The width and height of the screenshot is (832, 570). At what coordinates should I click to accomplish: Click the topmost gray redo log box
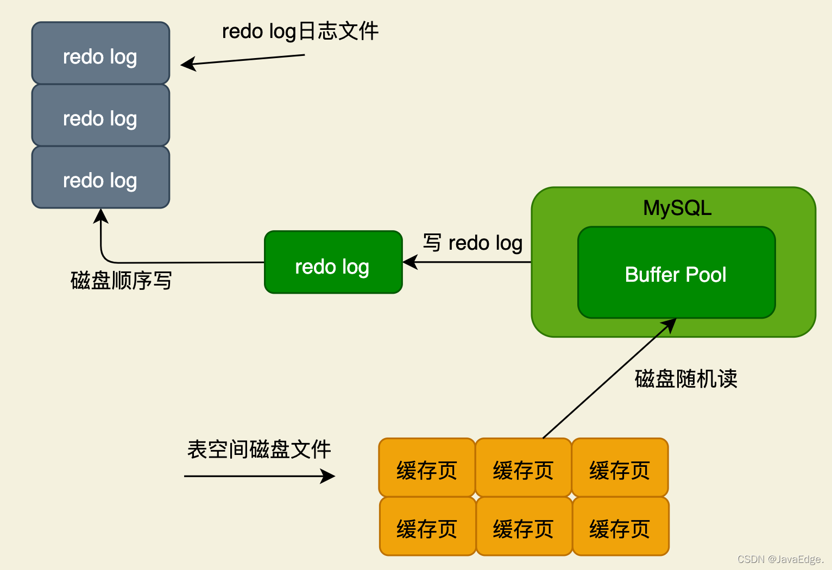(x=100, y=53)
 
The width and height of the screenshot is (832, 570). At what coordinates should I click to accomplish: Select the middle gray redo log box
(x=100, y=115)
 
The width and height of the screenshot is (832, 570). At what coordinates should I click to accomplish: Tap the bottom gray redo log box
(x=100, y=177)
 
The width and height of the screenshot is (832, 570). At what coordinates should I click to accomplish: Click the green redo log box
(x=333, y=262)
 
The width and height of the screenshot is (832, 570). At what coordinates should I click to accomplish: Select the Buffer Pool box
(x=676, y=273)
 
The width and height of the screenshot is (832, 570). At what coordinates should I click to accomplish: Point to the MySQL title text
(x=677, y=208)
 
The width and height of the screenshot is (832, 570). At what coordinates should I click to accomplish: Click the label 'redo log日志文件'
(x=300, y=31)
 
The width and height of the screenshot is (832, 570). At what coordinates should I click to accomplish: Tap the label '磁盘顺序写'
(x=121, y=280)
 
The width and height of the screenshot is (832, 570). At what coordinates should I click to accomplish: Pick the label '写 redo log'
(x=473, y=243)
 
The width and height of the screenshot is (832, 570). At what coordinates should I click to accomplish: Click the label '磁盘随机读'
(x=686, y=379)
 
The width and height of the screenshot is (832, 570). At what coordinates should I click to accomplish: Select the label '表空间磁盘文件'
(x=259, y=449)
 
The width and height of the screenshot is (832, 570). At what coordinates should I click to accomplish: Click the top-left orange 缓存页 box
(x=427, y=467)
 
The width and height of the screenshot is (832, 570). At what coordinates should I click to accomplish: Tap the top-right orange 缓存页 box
(x=620, y=467)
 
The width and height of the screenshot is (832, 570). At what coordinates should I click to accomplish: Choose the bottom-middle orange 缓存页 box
(x=524, y=526)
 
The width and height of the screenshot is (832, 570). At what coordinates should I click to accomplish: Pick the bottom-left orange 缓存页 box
(x=427, y=526)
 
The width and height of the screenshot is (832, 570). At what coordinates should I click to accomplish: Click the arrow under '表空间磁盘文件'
(x=260, y=476)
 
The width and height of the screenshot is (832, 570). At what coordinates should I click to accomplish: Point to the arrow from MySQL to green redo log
(x=467, y=262)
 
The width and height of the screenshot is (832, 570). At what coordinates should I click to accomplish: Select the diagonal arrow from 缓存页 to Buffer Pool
(x=609, y=378)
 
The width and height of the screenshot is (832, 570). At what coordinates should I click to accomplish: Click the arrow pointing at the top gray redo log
(x=243, y=60)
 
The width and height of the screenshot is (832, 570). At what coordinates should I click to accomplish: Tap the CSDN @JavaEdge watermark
(x=780, y=559)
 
